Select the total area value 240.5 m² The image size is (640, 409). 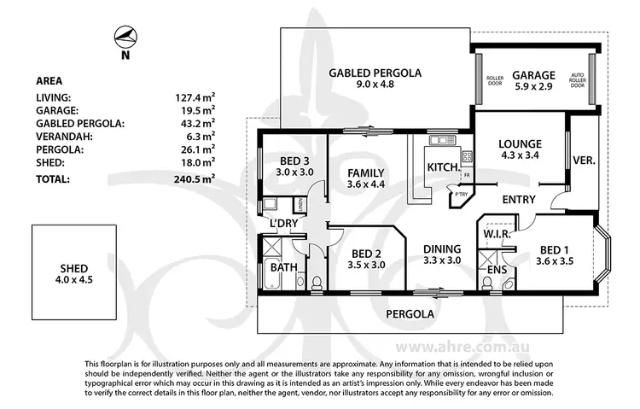[x=194, y=179]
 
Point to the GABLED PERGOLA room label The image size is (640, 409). [x=375, y=73]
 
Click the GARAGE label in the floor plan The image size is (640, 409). [x=534, y=74]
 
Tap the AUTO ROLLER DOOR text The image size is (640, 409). [x=578, y=81]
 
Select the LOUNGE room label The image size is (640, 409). [x=521, y=143]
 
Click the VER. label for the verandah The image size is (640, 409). [x=585, y=160]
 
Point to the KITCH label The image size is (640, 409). [x=443, y=167]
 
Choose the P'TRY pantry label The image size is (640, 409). [x=461, y=195]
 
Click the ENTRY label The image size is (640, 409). [x=519, y=200]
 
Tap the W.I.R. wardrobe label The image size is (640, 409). [x=497, y=232]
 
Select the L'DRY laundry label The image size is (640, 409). [x=282, y=224]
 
